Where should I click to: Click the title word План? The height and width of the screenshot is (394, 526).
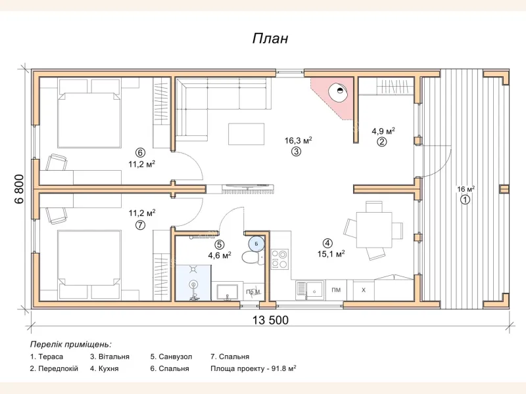point(270,39)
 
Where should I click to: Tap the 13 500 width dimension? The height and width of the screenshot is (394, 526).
point(270,320)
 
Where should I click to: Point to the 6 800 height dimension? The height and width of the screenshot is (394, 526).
point(19,189)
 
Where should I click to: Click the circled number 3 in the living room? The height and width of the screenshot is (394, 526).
point(297,152)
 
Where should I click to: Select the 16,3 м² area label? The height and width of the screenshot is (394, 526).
point(299,141)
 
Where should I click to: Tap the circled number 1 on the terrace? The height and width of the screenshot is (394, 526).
point(465,200)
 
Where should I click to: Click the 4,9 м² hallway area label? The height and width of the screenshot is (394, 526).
point(383,131)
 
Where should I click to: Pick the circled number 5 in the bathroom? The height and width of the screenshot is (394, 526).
point(220,245)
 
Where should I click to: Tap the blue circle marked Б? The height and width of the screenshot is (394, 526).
point(256,244)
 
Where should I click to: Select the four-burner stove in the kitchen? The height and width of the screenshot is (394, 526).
point(279,259)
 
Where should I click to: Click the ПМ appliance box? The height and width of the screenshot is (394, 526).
point(336,290)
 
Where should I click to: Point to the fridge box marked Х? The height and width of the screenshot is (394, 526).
point(364,290)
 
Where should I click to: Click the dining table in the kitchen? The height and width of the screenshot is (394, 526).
point(374,230)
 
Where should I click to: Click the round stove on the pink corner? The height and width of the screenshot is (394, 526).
point(338,91)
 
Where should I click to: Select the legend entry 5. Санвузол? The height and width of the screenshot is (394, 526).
point(171,357)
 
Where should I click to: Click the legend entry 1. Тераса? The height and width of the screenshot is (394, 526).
point(47,357)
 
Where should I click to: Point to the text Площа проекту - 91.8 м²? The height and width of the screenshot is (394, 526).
point(253,368)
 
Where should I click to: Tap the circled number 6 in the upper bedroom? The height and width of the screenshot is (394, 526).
point(140,153)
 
